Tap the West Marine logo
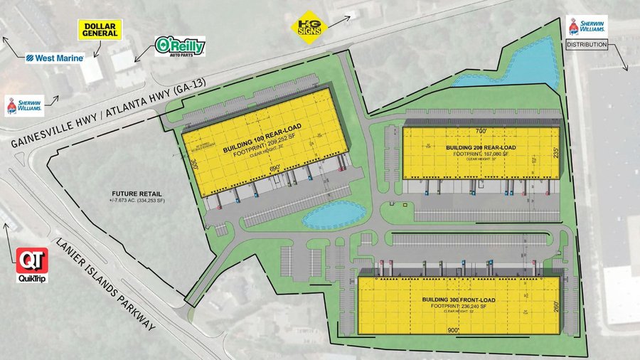(x=55, y=58)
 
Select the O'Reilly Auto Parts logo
(x=181, y=47)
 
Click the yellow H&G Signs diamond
(x=310, y=27)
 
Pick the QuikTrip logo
(x=32, y=265)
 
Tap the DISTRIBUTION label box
(x=587, y=45)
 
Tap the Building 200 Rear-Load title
(x=481, y=148)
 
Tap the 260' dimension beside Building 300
(x=555, y=307)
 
